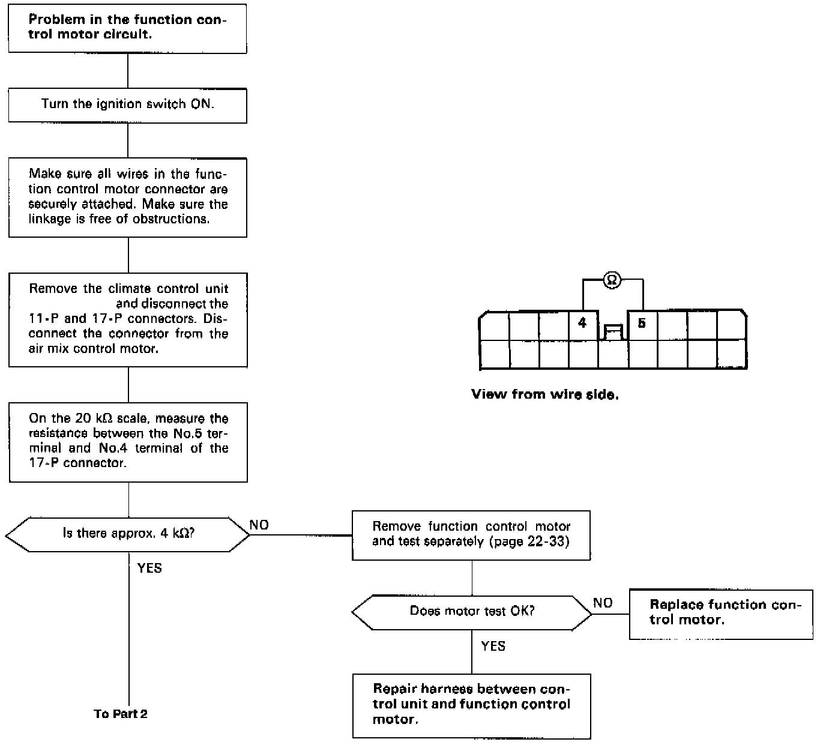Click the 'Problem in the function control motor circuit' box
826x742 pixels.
point(127,28)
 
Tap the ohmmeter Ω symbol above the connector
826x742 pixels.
point(612,280)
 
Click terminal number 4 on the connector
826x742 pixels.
point(582,324)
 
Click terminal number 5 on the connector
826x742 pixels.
point(642,324)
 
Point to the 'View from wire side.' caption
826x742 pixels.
point(544,394)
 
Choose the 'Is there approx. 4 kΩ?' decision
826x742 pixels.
point(127,534)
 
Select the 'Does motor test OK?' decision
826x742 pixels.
point(472,612)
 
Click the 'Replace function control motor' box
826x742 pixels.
point(720,613)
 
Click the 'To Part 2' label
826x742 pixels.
point(121,714)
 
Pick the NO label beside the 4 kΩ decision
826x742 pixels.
point(259,525)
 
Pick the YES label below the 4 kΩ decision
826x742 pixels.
point(149,568)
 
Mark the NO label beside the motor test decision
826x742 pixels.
point(603,603)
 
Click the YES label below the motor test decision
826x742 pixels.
point(493,646)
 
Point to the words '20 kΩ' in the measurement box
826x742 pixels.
point(95,418)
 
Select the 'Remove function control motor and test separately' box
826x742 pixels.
point(471,534)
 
